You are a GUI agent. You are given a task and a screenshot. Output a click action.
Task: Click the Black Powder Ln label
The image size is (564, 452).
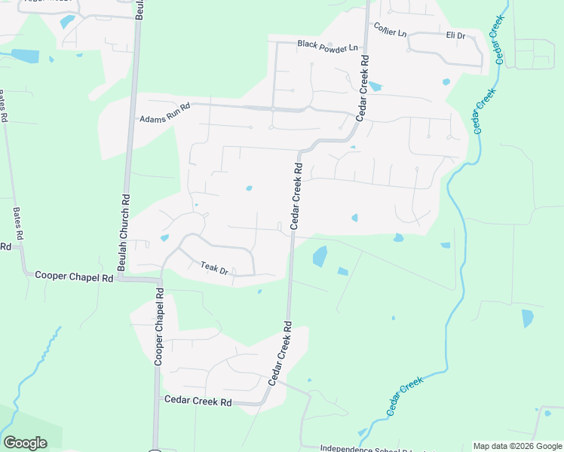pyautogui.click(x=326, y=46)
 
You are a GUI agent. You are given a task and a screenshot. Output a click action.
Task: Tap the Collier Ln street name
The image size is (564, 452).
pyautogui.click(x=390, y=29)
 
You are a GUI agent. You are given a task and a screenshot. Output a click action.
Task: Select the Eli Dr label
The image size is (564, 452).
pyautogui.click(x=455, y=35)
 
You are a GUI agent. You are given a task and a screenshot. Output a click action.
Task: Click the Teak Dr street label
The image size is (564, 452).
pyautogui.click(x=214, y=267)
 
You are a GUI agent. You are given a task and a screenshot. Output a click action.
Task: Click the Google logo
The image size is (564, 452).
pyautogui.click(x=25, y=443)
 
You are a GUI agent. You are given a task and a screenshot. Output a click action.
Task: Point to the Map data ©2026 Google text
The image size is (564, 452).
pyautogui.click(x=516, y=446)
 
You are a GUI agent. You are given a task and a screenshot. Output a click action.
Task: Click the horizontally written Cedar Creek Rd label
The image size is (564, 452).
pyautogui.click(x=198, y=402)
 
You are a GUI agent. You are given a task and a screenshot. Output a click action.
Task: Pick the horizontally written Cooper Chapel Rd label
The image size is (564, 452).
pyautogui.click(x=74, y=276)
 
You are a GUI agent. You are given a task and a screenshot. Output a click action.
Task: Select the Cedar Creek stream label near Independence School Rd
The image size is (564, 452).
pyautogui.click(x=405, y=397)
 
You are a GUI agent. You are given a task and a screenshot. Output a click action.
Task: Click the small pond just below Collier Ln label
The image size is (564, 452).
pyautogui.click(x=375, y=86)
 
